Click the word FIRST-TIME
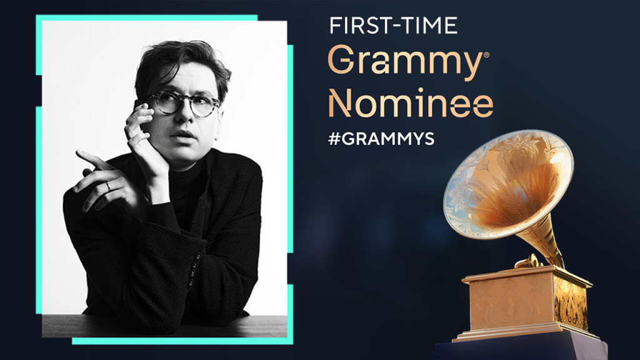[393, 25]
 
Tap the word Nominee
[411, 104]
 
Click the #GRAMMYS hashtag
[381, 139]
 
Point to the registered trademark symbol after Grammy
[487, 55]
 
